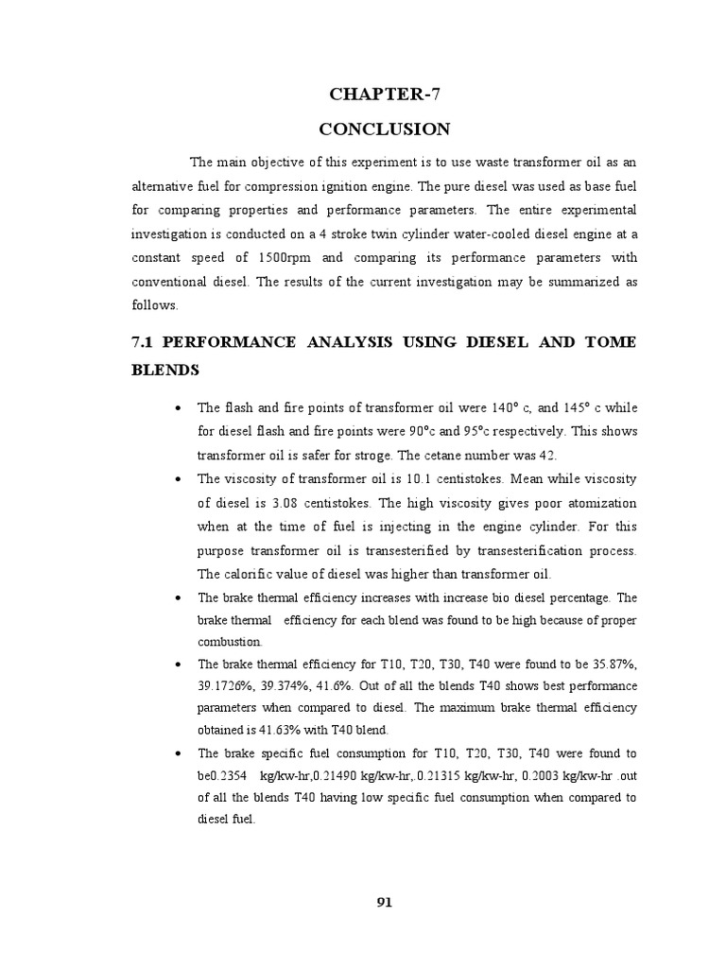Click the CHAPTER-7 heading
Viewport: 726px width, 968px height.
pos(384,93)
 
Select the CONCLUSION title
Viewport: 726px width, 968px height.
pos(384,128)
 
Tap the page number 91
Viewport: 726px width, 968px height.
pos(384,902)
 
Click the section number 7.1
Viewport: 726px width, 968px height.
pos(147,341)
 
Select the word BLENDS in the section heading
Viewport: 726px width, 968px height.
pos(165,371)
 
